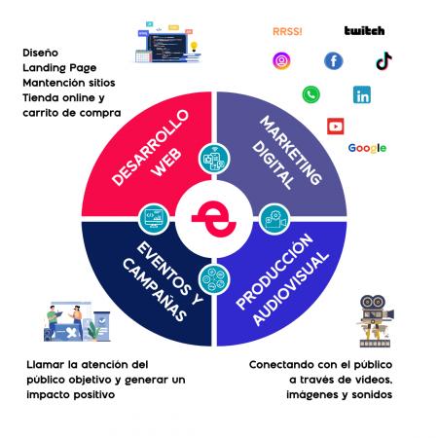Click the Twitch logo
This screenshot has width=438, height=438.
364,31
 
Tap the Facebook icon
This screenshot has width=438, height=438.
334,60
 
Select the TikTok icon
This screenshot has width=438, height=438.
383,60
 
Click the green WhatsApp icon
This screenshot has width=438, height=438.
310,94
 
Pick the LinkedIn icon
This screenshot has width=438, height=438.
362,94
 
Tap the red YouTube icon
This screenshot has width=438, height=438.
336,127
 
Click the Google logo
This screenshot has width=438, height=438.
367,148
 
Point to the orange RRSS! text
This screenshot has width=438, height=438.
287,31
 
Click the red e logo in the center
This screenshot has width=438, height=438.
214,219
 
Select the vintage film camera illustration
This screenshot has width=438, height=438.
376,321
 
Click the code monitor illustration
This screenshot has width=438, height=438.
167,43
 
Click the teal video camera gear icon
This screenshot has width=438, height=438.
274,219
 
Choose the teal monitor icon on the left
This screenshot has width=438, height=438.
154,219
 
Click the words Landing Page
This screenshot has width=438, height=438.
59,68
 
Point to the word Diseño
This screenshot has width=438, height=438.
41,53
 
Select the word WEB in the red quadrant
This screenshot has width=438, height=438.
166,163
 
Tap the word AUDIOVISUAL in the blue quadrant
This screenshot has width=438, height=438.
290,288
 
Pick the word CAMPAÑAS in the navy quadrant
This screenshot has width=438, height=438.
155,289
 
